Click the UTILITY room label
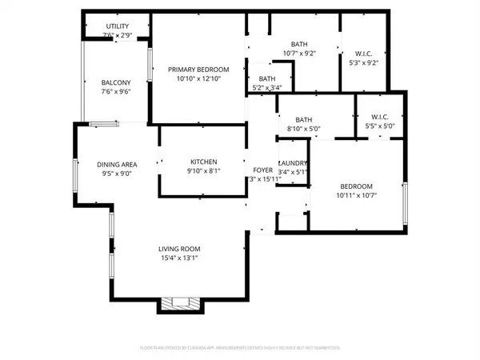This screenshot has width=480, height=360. point(117,26)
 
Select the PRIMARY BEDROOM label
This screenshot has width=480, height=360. point(198,69)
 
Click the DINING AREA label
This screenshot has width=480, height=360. point(118,164)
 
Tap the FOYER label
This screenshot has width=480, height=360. point(263,170)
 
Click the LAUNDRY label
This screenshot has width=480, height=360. point(293,163)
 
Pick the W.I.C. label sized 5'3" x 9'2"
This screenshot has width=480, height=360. point(363,54)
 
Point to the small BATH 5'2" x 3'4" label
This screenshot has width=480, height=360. point(267,78)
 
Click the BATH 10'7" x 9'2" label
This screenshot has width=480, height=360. point(299,45)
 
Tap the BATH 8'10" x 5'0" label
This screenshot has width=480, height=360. point(303,120)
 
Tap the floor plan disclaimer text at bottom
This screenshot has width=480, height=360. point(239,349)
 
